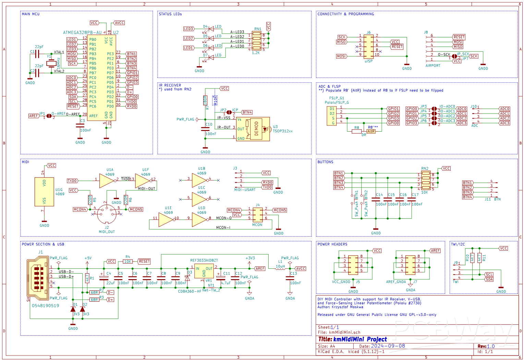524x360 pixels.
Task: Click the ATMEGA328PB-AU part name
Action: coord(82,33)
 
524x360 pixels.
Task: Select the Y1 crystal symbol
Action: coord(51,64)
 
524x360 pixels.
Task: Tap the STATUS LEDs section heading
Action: coord(170,14)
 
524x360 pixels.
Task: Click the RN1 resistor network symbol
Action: coord(257,40)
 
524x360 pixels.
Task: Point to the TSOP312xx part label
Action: coord(283,131)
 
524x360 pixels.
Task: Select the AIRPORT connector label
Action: coord(433,65)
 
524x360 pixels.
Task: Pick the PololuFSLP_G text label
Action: coord(337,103)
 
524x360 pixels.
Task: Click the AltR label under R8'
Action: coord(371,131)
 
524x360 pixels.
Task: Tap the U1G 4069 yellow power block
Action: coord(44,192)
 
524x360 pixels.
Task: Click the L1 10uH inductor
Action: coord(280,269)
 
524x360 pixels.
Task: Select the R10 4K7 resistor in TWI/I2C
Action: coord(472,258)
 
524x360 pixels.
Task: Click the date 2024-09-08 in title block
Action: coord(388,346)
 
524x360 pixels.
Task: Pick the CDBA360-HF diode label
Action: coord(190,291)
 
